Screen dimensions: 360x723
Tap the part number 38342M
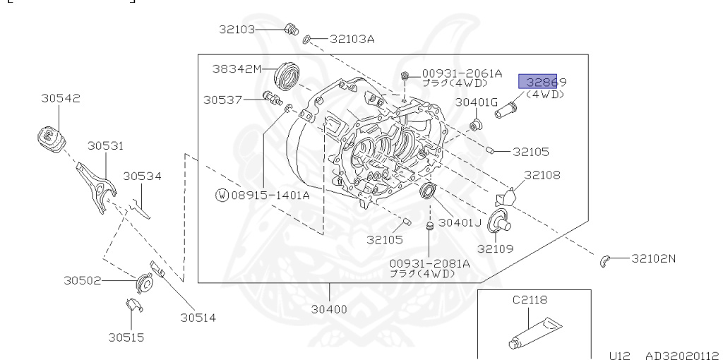(237, 69)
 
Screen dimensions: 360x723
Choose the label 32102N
(652, 258)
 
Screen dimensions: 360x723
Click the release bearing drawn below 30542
(51, 138)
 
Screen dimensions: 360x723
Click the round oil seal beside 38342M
(288, 75)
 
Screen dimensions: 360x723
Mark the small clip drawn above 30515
(131, 306)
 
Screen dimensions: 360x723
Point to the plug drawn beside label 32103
(289, 29)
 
